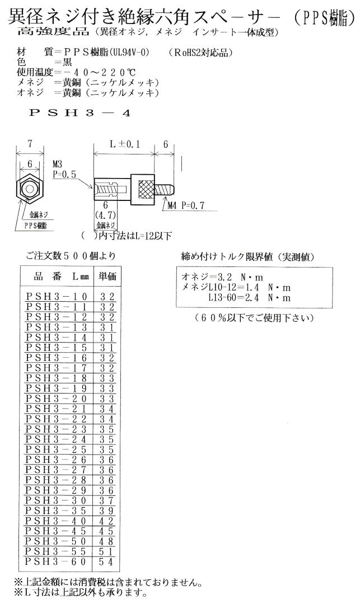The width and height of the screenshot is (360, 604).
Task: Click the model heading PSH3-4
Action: coord(80,113)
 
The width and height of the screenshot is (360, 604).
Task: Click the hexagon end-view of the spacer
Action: coord(29,188)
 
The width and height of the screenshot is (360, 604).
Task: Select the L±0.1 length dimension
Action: coord(124,144)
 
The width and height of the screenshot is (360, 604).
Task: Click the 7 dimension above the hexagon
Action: coord(30,143)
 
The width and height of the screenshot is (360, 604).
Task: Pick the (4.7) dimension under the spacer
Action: coord(105,214)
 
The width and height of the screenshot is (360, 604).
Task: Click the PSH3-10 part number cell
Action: coord(57,296)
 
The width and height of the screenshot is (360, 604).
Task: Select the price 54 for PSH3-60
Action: coord(106,561)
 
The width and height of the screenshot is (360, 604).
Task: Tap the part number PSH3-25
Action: coord(57,449)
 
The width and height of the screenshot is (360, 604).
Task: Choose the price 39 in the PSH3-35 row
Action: coord(106,511)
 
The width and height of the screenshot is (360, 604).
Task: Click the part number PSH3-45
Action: coord(57,531)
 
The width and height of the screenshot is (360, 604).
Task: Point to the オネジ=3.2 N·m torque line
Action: coord(222,277)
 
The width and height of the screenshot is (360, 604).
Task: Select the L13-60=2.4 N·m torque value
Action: coord(249,297)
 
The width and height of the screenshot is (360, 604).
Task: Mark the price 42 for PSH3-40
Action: coord(106,521)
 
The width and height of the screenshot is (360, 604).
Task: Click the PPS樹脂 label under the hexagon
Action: coord(35,226)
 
